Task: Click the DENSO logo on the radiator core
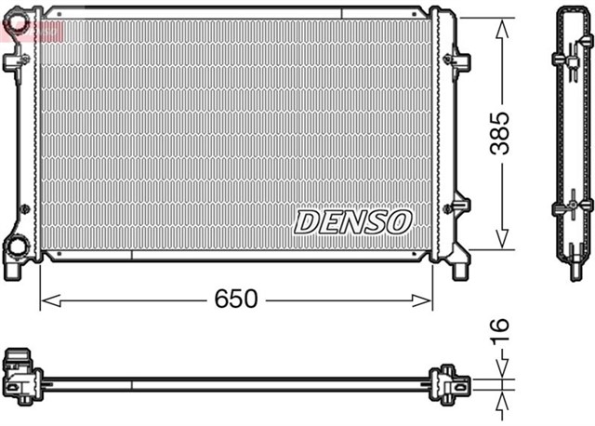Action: [352, 221]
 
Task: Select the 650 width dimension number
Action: [236, 300]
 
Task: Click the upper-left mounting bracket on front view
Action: [14, 61]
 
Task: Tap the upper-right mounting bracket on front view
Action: [459, 61]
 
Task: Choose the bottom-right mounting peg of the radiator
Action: [459, 270]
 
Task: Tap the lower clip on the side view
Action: [573, 205]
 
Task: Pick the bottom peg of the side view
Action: [572, 269]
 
